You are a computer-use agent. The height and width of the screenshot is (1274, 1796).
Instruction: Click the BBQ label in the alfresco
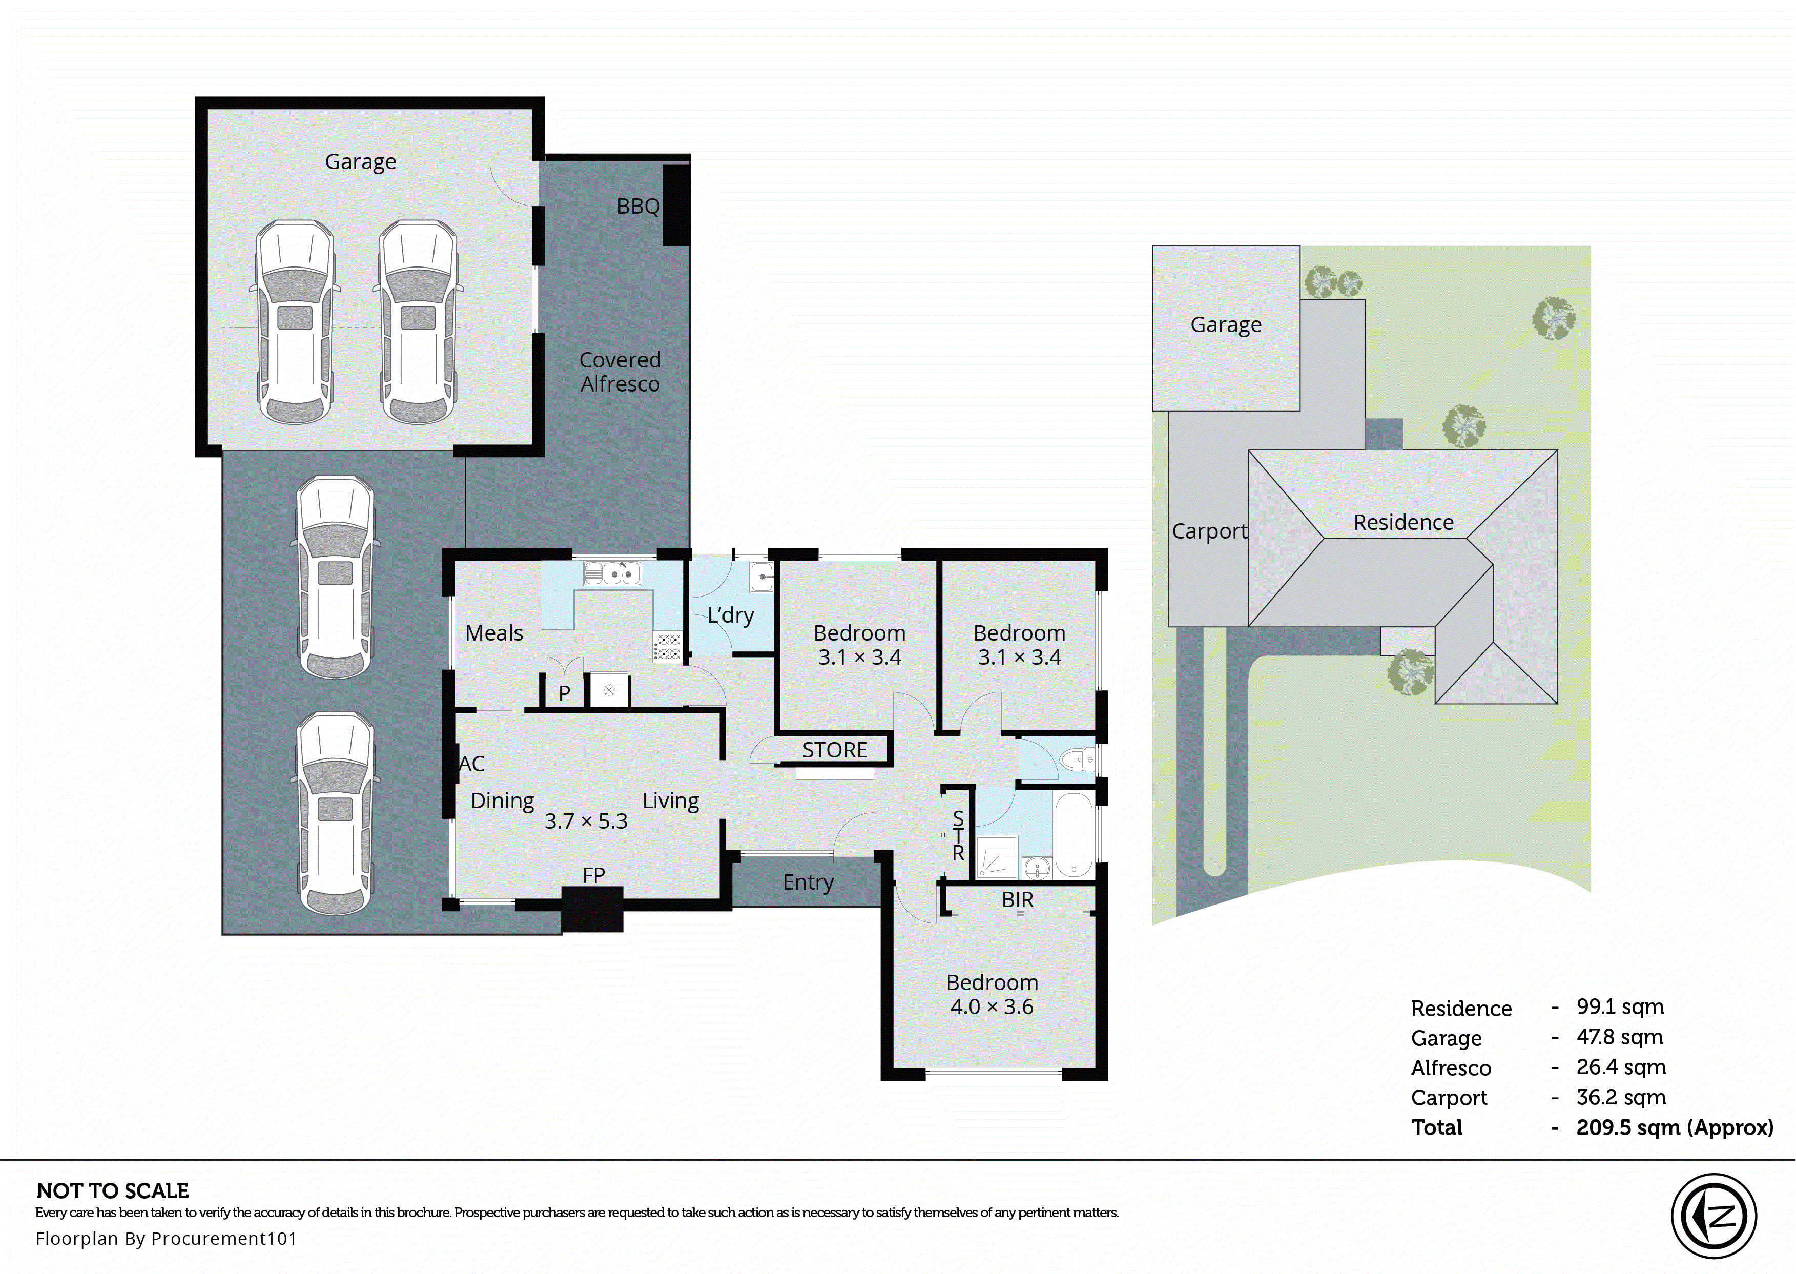pyautogui.click(x=637, y=207)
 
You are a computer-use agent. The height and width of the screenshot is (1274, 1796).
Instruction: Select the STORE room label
pyautogui.click(x=835, y=750)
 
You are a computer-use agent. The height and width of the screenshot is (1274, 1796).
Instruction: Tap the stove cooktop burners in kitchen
pyautogui.click(x=668, y=646)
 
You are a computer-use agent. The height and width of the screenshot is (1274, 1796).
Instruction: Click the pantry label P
pyautogui.click(x=564, y=693)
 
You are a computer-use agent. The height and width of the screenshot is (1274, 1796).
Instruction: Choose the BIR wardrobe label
pyautogui.click(x=1017, y=900)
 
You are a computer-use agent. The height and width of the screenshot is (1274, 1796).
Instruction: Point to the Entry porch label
pyautogui.click(x=807, y=882)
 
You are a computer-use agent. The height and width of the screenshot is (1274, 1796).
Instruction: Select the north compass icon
pyautogui.click(x=1713, y=1216)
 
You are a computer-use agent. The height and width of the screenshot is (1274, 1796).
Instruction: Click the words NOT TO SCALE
pyautogui.click(x=112, y=1191)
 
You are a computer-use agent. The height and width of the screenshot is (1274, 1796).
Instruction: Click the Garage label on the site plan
pyautogui.click(x=1225, y=325)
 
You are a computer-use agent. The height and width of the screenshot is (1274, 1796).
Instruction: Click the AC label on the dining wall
pyautogui.click(x=471, y=763)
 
